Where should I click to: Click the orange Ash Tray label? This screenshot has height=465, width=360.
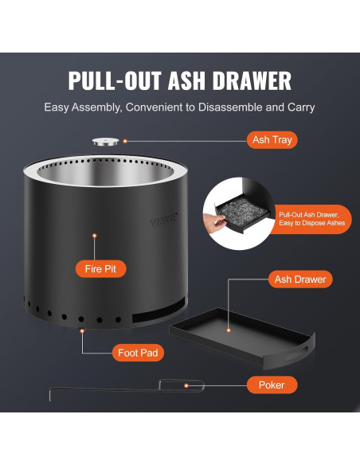click(x=272, y=139)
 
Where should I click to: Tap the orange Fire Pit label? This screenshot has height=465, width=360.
click(x=100, y=269)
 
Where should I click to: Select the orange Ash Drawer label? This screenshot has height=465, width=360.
click(x=300, y=279)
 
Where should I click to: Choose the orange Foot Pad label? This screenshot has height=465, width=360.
click(x=138, y=353)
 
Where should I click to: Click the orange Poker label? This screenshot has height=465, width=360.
click(x=272, y=385)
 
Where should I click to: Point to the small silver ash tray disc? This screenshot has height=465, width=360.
click(x=106, y=142)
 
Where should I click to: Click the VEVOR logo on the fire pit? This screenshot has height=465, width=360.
click(x=164, y=220)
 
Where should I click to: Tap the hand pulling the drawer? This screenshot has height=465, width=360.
click(x=214, y=223)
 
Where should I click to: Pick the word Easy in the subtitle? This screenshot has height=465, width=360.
click(x=57, y=107)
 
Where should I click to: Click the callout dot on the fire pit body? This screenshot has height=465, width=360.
click(x=95, y=236)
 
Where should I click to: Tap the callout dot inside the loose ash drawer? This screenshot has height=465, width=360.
click(x=229, y=330)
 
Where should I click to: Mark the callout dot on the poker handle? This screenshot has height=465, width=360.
click(x=186, y=386)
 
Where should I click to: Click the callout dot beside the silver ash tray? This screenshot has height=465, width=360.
click(x=125, y=141)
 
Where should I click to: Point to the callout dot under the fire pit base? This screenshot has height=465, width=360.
click(x=82, y=331)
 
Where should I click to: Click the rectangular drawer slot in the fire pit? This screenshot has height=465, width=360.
click(x=159, y=311)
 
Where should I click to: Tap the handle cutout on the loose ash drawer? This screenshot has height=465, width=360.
click(x=297, y=353)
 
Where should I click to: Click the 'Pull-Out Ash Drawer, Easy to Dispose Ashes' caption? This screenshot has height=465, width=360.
click(x=312, y=219)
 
